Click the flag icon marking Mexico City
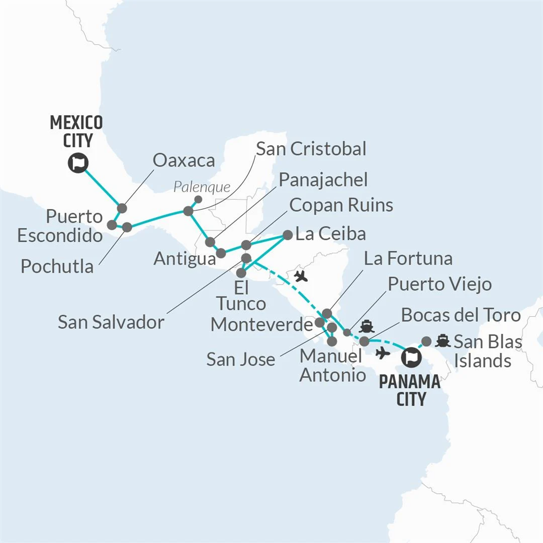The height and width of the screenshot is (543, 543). [78, 163]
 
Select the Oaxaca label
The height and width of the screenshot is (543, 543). [184, 160]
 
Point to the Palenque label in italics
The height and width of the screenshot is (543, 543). [201, 188]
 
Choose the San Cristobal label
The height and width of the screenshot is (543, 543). [311, 149]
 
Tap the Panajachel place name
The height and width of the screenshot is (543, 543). [323, 179]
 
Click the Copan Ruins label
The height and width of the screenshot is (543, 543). [341, 205]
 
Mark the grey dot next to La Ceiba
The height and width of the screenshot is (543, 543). [288, 234]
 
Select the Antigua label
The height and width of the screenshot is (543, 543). [185, 258]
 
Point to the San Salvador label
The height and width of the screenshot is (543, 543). [111, 322]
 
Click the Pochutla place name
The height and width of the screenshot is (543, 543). [57, 266]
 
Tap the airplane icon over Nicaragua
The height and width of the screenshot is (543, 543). [301, 276]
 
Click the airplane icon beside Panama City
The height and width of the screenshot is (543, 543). [383, 353]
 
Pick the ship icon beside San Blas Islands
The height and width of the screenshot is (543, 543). [442, 341]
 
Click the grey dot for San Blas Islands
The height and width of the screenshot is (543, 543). [426, 341]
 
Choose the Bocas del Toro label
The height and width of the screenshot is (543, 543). [460, 315]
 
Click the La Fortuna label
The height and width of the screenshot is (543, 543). [408, 258]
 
